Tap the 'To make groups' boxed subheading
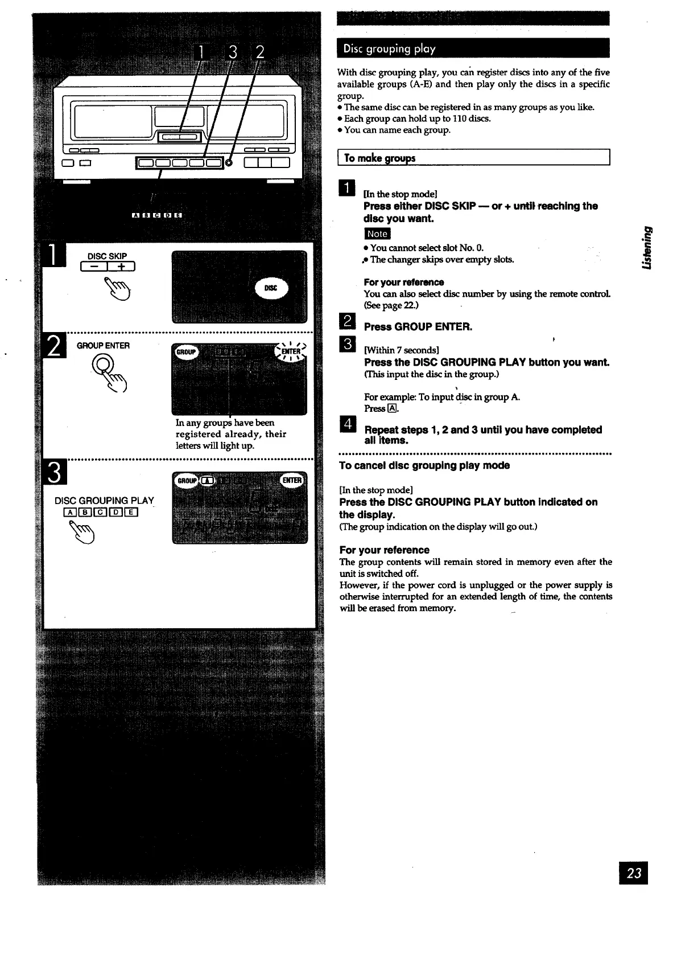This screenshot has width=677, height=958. point(379,158)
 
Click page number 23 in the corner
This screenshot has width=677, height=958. point(634,873)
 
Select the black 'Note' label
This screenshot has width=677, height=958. point(377,234)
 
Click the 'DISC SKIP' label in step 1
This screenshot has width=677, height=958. point(107,256)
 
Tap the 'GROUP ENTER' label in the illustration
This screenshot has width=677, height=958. point(103,345)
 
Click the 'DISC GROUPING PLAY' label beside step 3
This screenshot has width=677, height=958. point(104,501)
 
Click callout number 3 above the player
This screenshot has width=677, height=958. point(232,53)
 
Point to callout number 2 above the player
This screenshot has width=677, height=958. point(259,53)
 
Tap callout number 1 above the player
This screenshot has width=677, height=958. point(200,53)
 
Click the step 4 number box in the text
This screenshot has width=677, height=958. point(346,424)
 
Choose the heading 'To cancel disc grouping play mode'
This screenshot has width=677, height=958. point(424,465)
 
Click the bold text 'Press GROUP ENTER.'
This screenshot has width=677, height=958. point(418,327)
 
